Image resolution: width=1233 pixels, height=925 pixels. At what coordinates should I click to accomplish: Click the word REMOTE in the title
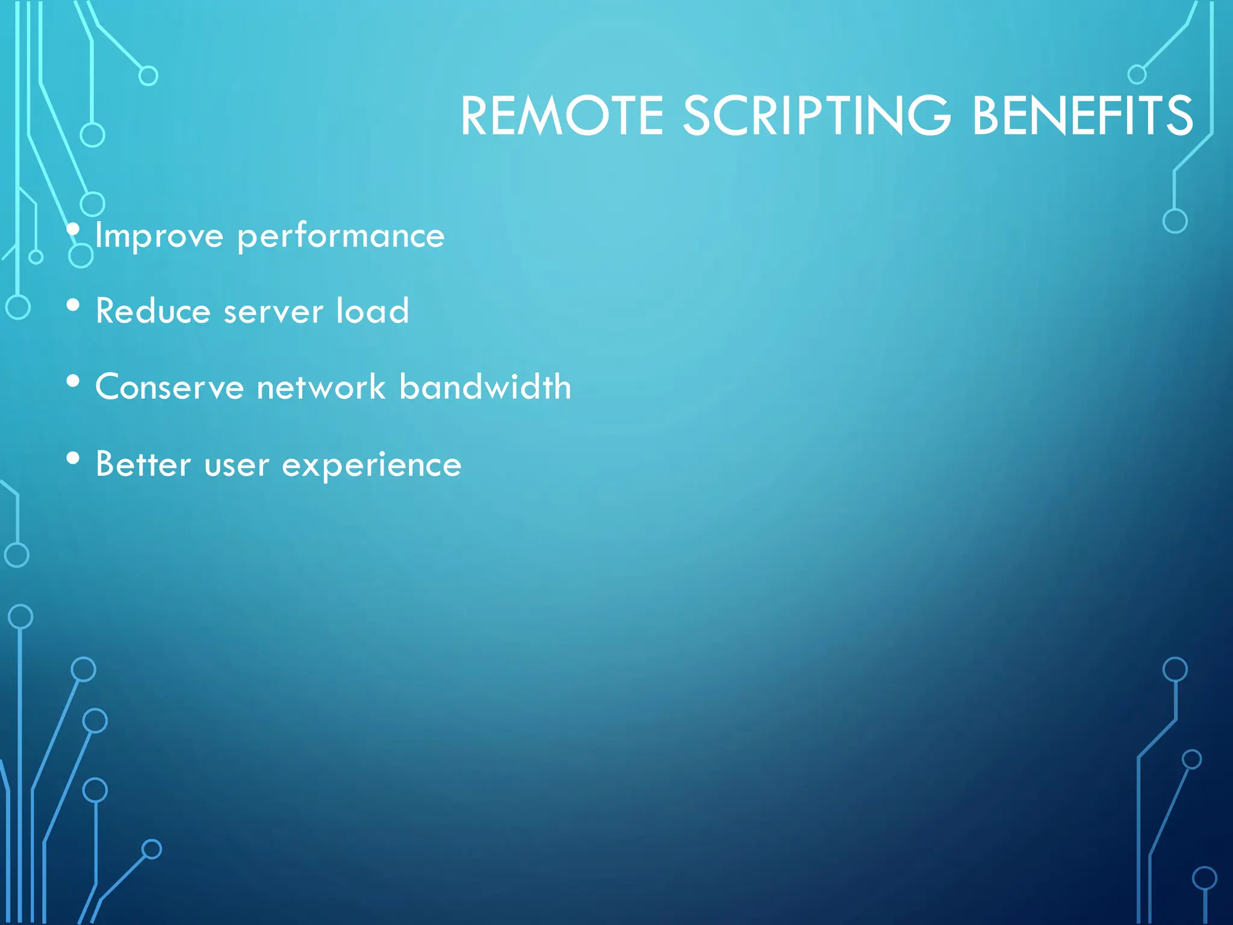tap(562, 116)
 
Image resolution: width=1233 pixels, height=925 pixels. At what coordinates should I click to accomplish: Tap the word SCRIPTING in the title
tap(817, 116)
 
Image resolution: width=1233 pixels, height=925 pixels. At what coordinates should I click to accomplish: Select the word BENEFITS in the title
tap(1082, 116)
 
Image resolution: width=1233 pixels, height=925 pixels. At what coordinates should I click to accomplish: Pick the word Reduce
tap(153, 311)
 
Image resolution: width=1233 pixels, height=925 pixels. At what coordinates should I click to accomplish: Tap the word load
tap(372, 311)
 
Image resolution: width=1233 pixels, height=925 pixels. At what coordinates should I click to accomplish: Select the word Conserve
tap(169, 387)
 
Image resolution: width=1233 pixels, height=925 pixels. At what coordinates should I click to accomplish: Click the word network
tap(321, 387)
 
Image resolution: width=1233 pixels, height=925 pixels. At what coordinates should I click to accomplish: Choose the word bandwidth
tap(485, 386)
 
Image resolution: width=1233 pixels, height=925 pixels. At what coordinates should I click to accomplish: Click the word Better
tap(143, 464)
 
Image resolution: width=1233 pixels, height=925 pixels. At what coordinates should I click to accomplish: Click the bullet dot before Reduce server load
tap(73, 305)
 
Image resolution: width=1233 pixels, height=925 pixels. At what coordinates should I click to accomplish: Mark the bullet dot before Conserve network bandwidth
tap(73, 381)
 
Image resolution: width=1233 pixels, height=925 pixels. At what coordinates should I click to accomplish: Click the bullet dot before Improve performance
tap(73, 229)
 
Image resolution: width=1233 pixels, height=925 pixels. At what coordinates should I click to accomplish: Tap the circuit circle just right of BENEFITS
tap(1137, 75)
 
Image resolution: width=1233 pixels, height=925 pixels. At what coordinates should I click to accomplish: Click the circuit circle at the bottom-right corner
tap(1204, 878)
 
